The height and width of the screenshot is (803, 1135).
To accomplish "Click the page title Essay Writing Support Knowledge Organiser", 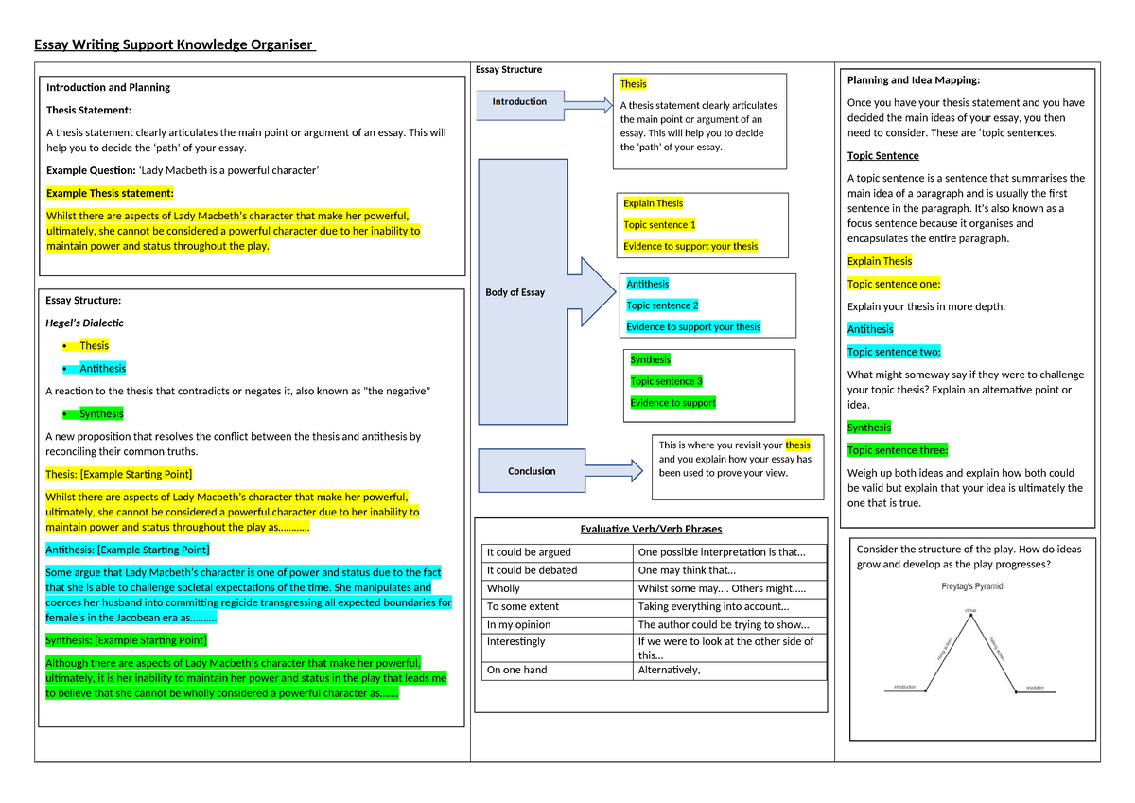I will click(x=174, y=45).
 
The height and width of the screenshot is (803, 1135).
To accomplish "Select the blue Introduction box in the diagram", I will click(x=519, y=102).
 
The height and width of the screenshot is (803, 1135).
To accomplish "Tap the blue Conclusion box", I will click(x=532, y=471).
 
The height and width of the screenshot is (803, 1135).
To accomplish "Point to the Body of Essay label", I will click(x=515, y=292).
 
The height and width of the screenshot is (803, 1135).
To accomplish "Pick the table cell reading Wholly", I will click(x=503, y=588).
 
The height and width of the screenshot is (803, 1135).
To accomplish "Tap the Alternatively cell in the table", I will click(x=669, y=670).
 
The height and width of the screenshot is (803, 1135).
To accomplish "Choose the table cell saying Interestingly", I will click(x=515, y=641).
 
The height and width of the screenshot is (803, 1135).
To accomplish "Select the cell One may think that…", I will click(x=687, y=570).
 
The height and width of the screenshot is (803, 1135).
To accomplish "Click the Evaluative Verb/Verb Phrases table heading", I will click(x=651, y=529).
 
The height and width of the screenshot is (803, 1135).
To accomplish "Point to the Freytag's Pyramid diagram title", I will click(x=971, y=586).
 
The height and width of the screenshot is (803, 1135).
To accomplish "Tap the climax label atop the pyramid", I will click(x=970, y=611).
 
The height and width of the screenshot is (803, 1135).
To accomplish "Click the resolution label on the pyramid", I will click(x=1033, y=688).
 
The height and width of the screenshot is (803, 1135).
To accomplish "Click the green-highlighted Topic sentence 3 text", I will click(x=666, y=381).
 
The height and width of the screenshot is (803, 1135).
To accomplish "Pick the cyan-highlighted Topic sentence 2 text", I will click(x=662, y=305).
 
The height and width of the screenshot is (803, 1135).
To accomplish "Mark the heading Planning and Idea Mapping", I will click(x=914, y=80).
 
